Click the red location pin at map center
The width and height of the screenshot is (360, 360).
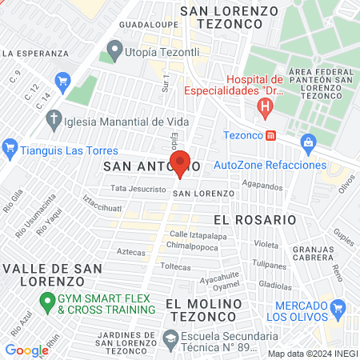coord(181,162)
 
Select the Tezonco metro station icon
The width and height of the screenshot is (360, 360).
coord(271,135)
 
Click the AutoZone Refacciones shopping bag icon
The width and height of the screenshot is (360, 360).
coord(308,142)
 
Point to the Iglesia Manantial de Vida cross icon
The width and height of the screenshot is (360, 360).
coord(54,121)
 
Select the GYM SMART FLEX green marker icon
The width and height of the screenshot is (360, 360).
coord(46,303)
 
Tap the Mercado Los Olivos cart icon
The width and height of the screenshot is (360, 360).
coord(338,308)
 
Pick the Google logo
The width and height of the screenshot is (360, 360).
coord(26,350)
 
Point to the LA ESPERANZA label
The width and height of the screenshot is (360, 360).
coord(34,54)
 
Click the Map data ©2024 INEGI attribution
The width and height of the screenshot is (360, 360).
coord(313,353)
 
